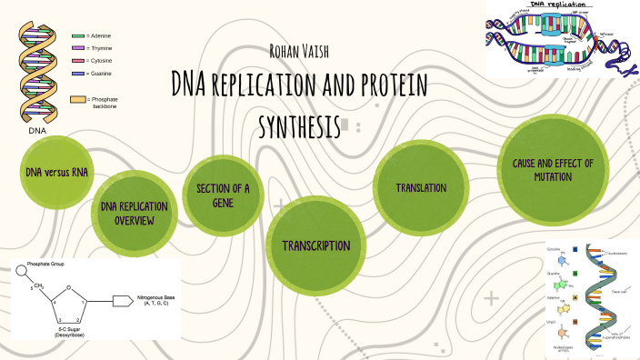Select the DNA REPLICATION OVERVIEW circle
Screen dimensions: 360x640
(135, 214)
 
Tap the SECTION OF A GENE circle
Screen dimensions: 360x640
(223, 195)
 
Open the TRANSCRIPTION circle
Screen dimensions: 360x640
(315, 245)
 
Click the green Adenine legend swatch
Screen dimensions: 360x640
(78, 35)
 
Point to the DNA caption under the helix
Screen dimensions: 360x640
(37, 130)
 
